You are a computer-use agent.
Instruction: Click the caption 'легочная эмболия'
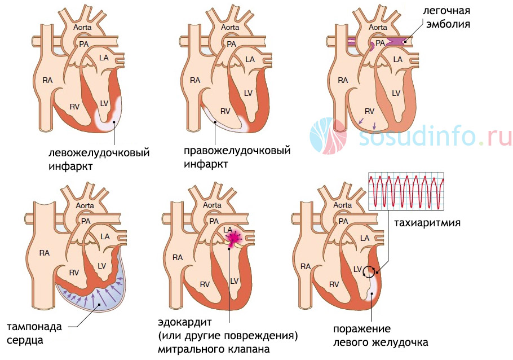click(x=446, y=17)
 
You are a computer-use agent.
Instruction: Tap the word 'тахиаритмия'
click(x=427, y=223)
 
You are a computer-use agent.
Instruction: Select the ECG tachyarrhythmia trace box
click(x=406, y=191)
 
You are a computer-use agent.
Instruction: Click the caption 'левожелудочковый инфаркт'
click(x=99, y=159)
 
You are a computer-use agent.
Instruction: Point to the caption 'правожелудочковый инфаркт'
click(x=237, y=157)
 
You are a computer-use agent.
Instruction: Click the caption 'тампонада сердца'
click(x=34, y=333)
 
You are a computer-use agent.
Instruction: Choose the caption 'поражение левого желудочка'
click(x=381, y=336)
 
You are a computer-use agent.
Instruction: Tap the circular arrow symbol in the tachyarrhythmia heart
click(x=370, y=271)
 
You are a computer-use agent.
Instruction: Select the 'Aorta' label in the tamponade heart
click(x=85, y=206)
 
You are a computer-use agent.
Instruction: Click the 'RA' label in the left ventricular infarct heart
click(x=47, y=80)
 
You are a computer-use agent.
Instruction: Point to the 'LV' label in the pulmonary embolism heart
click(x=396, y=93)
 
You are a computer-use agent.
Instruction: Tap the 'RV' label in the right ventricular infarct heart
click(x=225, y=111)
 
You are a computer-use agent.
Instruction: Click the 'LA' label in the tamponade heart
click(x=105, y=236)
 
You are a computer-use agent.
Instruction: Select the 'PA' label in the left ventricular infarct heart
click(x=84, y=44)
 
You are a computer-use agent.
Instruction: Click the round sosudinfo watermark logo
click(x=328, y=136)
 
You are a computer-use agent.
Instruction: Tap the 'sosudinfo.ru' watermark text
click(x=435, y=137)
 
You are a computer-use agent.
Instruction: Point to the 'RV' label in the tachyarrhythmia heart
click(x=334, y=284)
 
